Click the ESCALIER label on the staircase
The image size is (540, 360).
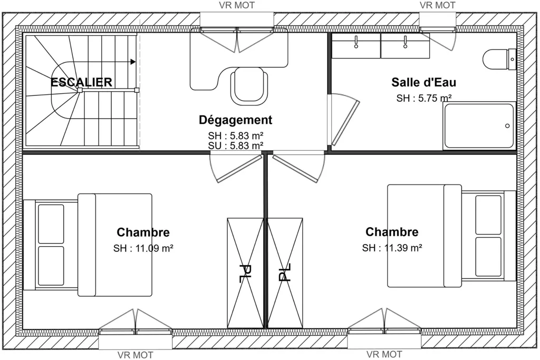(x=81, y=83)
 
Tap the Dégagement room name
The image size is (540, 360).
(x=236, y=120)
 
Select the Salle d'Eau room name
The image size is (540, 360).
(x=423, y=83)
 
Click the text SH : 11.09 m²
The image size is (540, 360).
(x=143, y=248)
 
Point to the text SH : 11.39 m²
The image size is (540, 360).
(x=392, y=248)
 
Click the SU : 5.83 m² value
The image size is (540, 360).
(x=236, y=146)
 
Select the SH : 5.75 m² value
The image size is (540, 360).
(x=424, y=98)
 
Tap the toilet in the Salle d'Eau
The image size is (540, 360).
(x=499, y=59)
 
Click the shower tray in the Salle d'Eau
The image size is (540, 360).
(x=479, y=125)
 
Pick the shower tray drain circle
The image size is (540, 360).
(x=507, y=125)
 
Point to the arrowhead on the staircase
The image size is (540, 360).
(x=133, y=62)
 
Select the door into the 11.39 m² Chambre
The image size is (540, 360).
(x=298, y=168)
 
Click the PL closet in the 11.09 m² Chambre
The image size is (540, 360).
(x=245, y=273)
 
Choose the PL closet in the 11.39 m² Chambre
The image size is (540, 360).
(x=285, y=273)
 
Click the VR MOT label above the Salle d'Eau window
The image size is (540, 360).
(x=437, y=5)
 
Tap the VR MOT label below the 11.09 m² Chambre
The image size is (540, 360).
(x=136, y=355)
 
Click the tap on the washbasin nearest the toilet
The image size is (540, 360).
(x=406, y=42)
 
